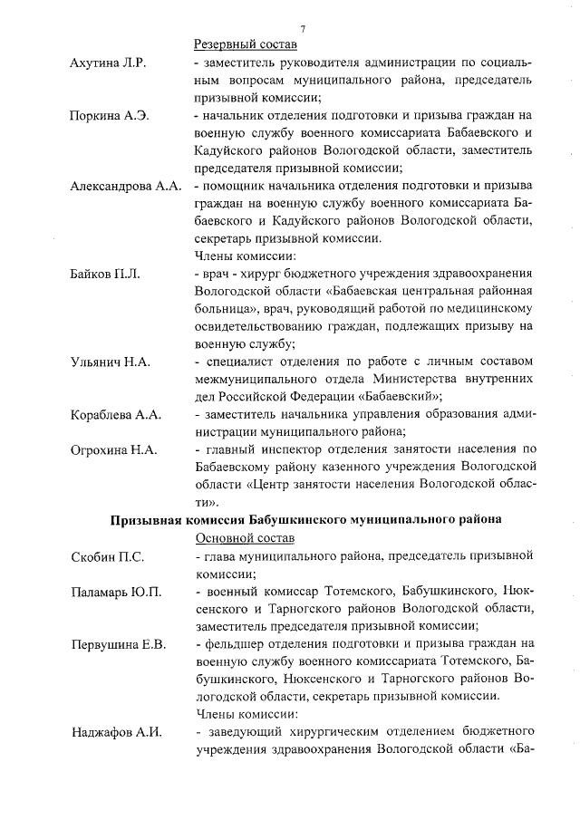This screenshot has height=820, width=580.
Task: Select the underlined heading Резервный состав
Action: click(x=246, y=44)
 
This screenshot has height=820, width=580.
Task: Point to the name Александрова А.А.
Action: click(x=126, y=188)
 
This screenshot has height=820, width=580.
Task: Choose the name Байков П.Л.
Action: click(x=105, y=274)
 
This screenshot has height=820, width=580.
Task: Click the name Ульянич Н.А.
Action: click(x=111, y=362)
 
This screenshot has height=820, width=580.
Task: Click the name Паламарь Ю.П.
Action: click(x=116, y=592)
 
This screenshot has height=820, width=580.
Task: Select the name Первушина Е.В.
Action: click(x=119, y=645)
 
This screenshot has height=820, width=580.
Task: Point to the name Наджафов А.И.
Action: click(x=116, y=733)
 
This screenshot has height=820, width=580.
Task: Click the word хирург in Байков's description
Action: click(x=264, y=274)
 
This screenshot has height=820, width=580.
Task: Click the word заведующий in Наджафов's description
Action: click(x=242, y=733)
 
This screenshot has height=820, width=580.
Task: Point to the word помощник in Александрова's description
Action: click(x=235, y=187)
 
